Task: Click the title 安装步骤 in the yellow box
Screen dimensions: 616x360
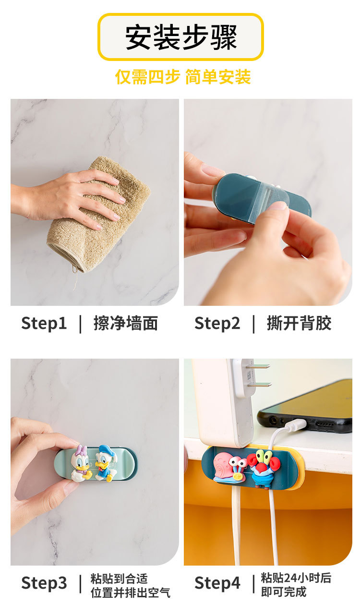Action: click(x=181, y=37)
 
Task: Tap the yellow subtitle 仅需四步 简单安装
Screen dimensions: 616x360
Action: click(x=182, y=77)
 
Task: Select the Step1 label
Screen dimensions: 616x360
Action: click(x=44, y=323)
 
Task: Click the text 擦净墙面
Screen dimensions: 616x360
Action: click(x=125, y=323)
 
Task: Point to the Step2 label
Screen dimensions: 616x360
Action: click(x=217, y=323)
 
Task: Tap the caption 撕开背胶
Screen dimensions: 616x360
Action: click(x=299, y=323)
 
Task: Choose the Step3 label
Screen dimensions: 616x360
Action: click(x=44, y=583)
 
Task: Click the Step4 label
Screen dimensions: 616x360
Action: click(x=217, y=583)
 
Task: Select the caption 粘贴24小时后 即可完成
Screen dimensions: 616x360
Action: click(x=296, y=584)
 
